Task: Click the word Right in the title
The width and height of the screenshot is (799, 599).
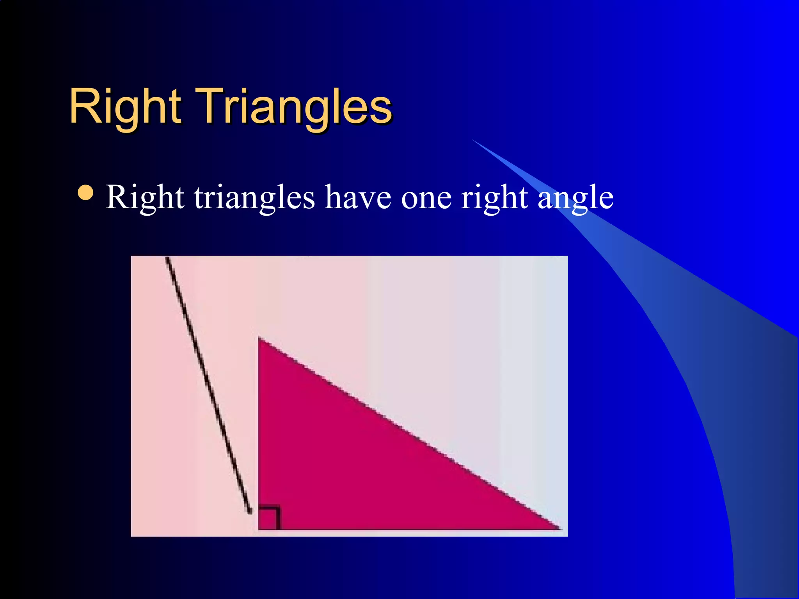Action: coord(125,106)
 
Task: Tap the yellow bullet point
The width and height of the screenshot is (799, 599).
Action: coord(85,192)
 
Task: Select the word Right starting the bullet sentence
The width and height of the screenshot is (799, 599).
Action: coord(145,198)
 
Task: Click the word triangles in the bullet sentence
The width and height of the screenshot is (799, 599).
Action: coord(254,198)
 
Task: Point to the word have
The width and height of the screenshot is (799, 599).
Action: coord(358,198)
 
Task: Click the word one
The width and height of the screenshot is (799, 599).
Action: coord(426,198)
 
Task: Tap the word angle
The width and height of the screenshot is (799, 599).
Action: coord(575,198)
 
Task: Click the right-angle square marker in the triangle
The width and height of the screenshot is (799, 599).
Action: coord(268,518)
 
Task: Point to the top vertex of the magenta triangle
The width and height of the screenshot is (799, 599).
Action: coord(259,338)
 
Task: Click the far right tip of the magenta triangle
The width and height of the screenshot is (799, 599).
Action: coord(559,528)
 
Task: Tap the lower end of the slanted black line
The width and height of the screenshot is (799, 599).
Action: coord(250,512)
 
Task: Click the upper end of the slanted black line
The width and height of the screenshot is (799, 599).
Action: coord(167,258)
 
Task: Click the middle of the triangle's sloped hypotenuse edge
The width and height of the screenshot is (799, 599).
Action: coord(409,433)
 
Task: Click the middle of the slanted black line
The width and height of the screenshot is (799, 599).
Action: coord(208,384)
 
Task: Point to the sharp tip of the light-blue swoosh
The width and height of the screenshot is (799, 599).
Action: coord(473,140)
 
